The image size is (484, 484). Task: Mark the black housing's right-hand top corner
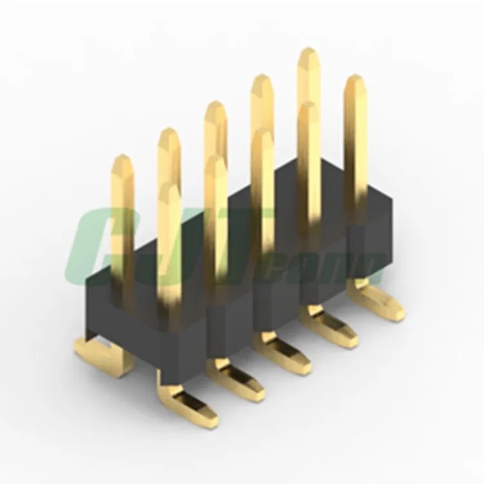tap(390, 200)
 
